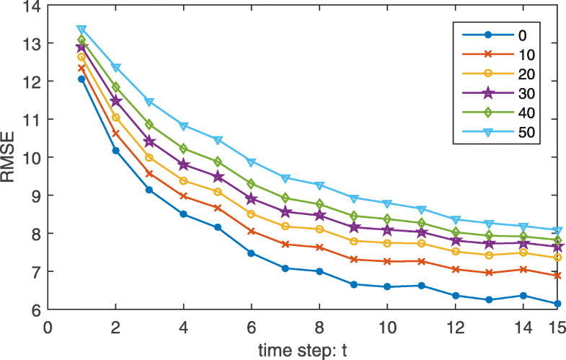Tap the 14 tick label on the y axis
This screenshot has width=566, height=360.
pyautogui.click(x=32, y=6)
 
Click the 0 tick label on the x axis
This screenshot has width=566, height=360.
pyautogui.click(x=48, y=325)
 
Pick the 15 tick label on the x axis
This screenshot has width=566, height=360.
pyautogui.click(x=555, y=325)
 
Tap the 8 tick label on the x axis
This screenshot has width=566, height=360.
pyautogui.click(x=319, y=325)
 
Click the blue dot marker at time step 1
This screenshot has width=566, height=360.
pyautogui.click(x=81, y=79)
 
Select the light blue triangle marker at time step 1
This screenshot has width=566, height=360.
pyautogui.click(x=81, y=30)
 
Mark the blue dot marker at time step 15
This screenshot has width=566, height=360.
pyautogui.click(x=557, y=304)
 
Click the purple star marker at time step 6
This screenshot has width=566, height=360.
pyautogui.click(x=251, y=198)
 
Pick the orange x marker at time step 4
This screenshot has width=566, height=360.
pyautogui.click(x=183, y=196)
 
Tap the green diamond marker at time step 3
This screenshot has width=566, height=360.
pyautogui.click(x=149, y=124)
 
